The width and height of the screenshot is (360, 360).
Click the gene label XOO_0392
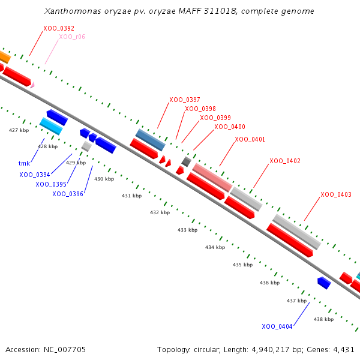pyautogui.click(x=59, y=28)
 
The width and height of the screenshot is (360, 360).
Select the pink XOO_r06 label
pyautogui.click(x=72, y=37)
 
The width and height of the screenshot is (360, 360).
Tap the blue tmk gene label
pyautogui.click(x=24, y=163)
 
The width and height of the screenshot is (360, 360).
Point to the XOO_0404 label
pyautogui.click(x=277, y=326)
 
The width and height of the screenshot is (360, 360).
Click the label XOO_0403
pyautogui.click(x=336, y=194)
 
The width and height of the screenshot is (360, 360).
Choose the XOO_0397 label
pyautogui.click(x=185, y=100)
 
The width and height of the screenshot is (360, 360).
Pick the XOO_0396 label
pyautogui.click(x=68, y=194)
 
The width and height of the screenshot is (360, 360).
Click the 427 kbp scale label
pyautogui.click(x=19, y=130)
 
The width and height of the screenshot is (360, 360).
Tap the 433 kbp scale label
pyautogui.click(x=187, y=230)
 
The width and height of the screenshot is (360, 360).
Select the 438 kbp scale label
pyautogui.click(x=324, y=319)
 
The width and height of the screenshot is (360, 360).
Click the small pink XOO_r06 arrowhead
pyautogui.click(x=32, y=85)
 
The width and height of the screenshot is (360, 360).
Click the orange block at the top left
pyautogui.click(x=5, y=57)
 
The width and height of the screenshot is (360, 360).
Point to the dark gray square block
pyautogui.click(x=186, y=161)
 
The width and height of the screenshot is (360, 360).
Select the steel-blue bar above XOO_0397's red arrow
pyautogui.click(x=151, y=140)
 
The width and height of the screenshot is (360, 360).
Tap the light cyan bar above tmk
pyautogui.click(x=51, y=126)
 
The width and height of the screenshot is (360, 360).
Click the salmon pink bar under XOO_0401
pyautogui.click(x=212, y=178)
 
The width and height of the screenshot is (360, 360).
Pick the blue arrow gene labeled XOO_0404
pyautogui.click(x=324, y=283)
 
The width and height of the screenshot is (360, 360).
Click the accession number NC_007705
pyautogui.click(x=65, y=350)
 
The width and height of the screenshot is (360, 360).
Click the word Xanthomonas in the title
pyautogui.click(x=73, y=11)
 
